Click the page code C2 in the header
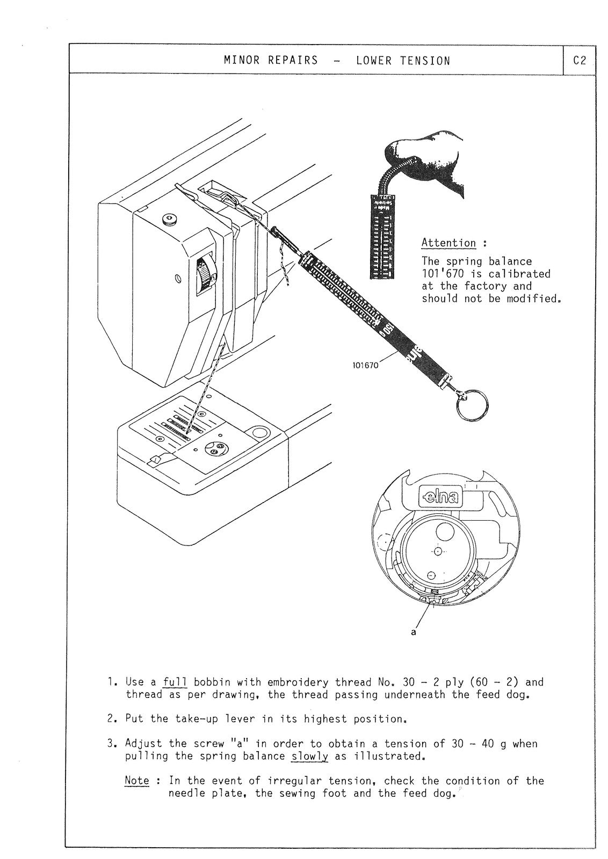coord(580,61)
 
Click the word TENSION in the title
coord(425,61)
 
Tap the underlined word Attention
coord(448,243)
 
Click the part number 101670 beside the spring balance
coord(365,365)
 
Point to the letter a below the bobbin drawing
coord(413,632)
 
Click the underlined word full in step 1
coord(175,682)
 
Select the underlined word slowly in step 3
coord(309,756)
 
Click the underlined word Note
coord(137,781)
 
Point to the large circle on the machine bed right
coord(260,433)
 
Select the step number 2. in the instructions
coord(112,719)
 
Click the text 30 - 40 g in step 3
coord(476,744)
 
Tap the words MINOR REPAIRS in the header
coord(271,61)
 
